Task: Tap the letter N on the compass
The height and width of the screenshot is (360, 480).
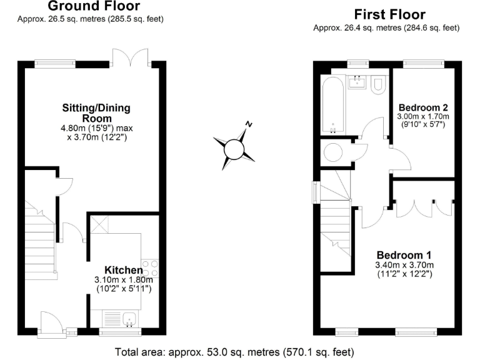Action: click(x=249, y=124)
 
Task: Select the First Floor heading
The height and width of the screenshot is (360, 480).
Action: click(x=389, y=14)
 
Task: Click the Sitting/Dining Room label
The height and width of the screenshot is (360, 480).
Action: click(x=96, y=113)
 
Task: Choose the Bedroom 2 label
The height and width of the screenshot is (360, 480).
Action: click(x=423, y=106)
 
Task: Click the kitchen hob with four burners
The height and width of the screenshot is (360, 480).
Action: click(x=150, y=269)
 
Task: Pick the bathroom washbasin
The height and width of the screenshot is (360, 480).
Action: click(x=358, y=82)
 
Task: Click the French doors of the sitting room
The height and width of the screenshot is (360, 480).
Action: click(x=131, y=57)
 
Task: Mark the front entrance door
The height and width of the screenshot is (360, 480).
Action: click(x=49, y=324)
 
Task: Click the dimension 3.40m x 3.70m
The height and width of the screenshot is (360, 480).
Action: click(x=405, y=266)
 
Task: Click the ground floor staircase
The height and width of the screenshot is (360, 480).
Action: click(x=39, y=241)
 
